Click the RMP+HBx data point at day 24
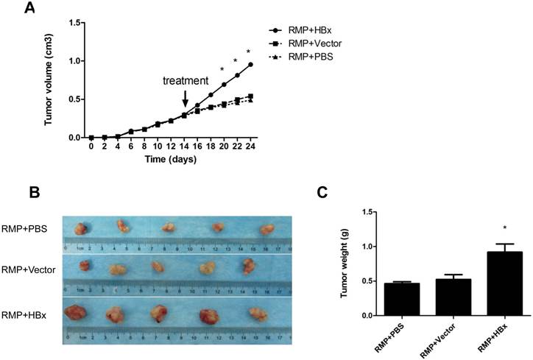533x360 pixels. pyautogui.click(x=251, y=65)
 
